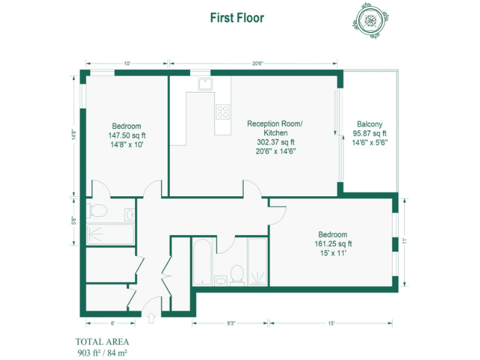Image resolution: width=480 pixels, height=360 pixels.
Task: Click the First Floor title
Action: coord(237,17)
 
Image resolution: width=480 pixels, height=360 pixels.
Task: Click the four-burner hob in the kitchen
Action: coord(222,111)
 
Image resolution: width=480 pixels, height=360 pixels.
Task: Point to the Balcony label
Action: coord(369,124)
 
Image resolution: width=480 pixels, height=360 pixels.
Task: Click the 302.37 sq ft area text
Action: coord(275,142)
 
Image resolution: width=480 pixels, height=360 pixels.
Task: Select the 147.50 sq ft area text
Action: coord(127,135)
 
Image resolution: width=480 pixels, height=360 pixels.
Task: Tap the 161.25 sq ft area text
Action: coord(333,244)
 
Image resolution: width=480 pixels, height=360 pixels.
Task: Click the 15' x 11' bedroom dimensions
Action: coord(333,253)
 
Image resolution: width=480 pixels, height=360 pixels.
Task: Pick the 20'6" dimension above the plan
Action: coord(257,63)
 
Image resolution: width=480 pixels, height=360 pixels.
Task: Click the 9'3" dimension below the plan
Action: coord(231,323)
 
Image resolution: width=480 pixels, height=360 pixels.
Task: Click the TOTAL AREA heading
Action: coord(102,341)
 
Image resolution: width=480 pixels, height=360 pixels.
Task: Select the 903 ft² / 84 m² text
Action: coord(102,352)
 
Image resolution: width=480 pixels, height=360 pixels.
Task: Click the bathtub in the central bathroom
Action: coord(202,262)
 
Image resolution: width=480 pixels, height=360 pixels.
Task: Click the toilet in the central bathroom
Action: coord(237,274)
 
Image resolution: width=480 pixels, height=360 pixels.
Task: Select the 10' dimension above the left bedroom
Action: coord(127,63)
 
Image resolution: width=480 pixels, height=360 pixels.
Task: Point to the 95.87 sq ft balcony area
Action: coord(369,133)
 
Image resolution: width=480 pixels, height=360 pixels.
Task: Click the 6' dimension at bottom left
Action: coord(112,323)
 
